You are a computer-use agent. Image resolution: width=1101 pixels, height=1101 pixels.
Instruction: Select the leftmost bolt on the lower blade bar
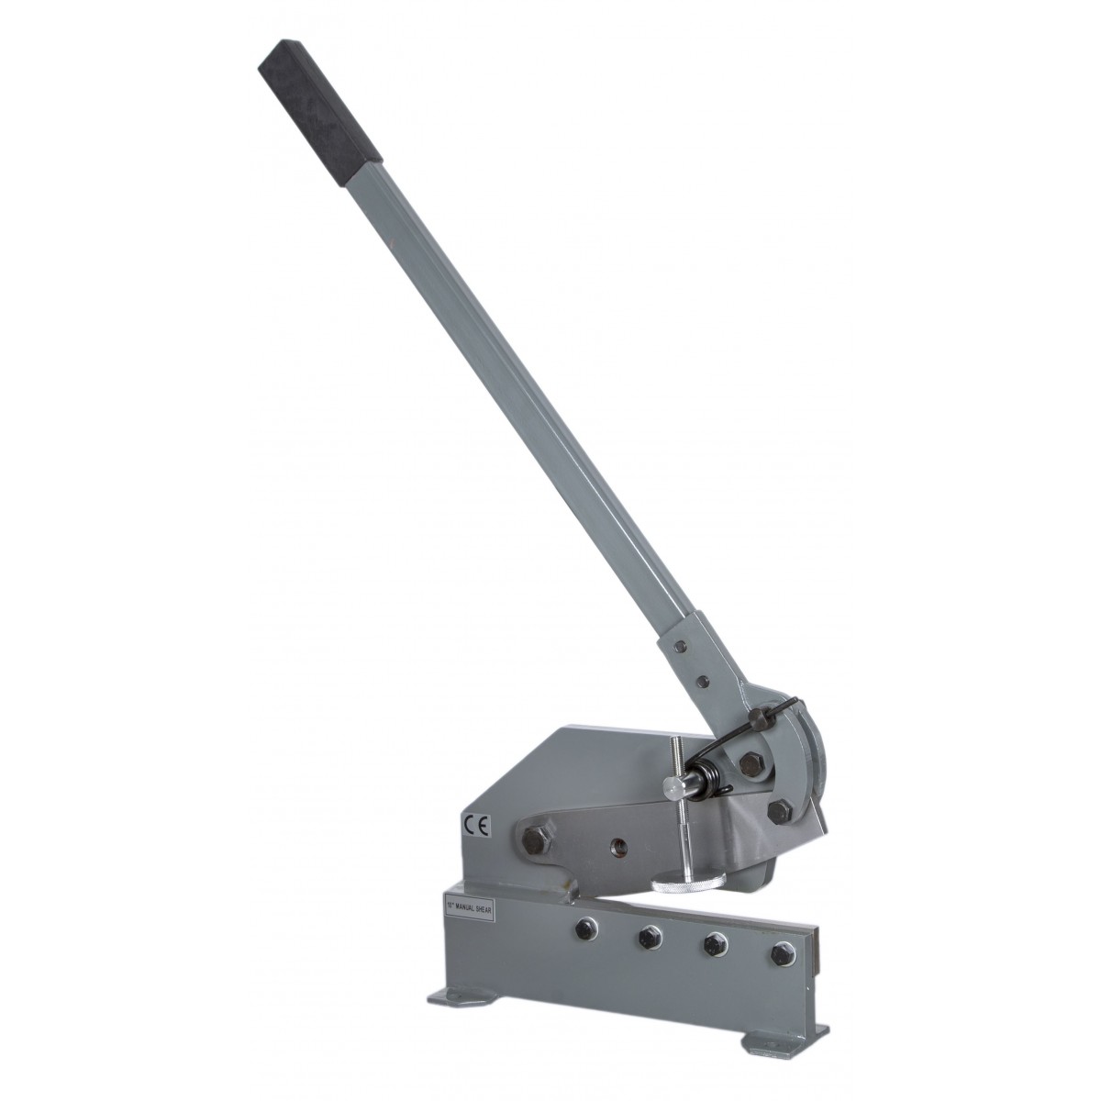[x=583, y=930]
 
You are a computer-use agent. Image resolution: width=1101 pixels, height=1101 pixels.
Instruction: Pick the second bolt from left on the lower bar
[x=648, y=938]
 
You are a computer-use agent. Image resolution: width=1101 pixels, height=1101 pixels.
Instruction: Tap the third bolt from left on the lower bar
[x=713, y=946]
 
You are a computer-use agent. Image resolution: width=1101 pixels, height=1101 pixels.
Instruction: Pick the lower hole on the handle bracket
[x=701, y=681]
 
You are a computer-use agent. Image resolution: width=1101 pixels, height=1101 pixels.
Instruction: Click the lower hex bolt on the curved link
[x=781, y=809]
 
